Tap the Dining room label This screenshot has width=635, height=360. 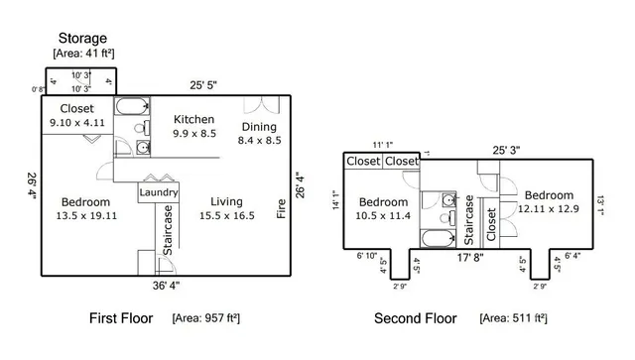(260, 127)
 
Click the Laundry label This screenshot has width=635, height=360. (159, 192)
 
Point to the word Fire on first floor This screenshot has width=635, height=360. (281, 209)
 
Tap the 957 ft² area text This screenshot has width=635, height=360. (206, 318)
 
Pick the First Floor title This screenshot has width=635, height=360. (119, 318)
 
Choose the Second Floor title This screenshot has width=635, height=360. (415, 318)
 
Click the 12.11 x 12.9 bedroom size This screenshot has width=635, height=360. (549, 209)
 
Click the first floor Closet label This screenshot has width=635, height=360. (77, 108)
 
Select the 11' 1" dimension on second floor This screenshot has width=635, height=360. (384, 144)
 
